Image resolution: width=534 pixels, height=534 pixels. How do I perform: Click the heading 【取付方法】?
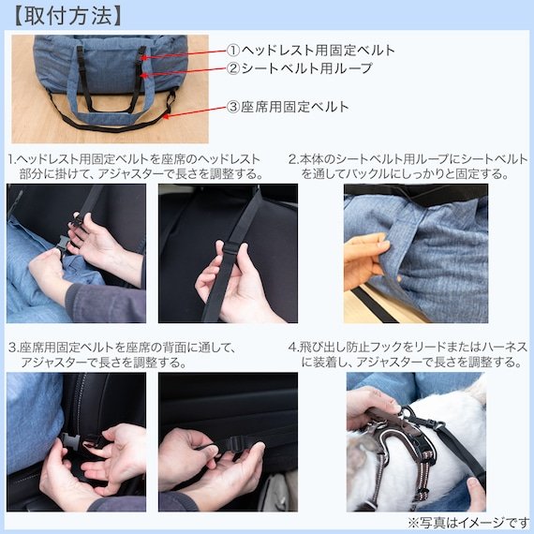[x=68, y=16]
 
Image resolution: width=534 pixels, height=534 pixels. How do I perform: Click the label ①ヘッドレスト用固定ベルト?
[x=311, y=51]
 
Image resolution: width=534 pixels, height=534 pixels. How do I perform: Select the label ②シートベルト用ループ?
[x=300, y=68]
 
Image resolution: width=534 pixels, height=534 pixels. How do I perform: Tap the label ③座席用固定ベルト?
[x=288, y=107]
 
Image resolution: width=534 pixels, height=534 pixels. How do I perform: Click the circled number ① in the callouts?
[x=233, y=51]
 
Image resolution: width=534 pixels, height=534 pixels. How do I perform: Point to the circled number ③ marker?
[x=233, y=107]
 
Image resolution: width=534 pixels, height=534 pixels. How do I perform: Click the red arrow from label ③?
[x=195, y=112]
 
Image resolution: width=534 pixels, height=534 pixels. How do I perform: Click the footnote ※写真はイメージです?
[x=468, y=523]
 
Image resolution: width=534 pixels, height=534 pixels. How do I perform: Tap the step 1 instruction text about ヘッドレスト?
[x=136, y=167]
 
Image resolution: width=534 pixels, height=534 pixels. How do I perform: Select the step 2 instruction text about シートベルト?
[x=408, y=167]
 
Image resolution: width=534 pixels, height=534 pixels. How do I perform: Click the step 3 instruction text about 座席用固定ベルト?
[x=122, y=355]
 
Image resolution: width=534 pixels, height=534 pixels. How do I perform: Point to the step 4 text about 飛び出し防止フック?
[x=408, y=354]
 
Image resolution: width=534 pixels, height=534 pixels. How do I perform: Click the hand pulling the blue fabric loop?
[x=365, y=260]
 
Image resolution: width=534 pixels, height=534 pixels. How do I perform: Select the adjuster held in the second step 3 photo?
[x=236, y=444]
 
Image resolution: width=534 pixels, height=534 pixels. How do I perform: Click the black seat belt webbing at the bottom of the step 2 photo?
[x=374, y=305]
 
